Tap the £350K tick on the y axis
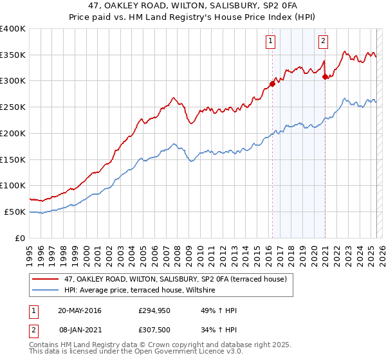[13, 55]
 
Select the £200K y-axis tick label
[13, 134]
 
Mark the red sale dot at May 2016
[272, 84]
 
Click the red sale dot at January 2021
[325, 77]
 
